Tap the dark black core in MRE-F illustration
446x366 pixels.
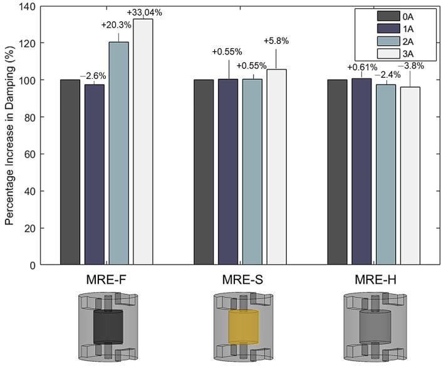109,326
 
